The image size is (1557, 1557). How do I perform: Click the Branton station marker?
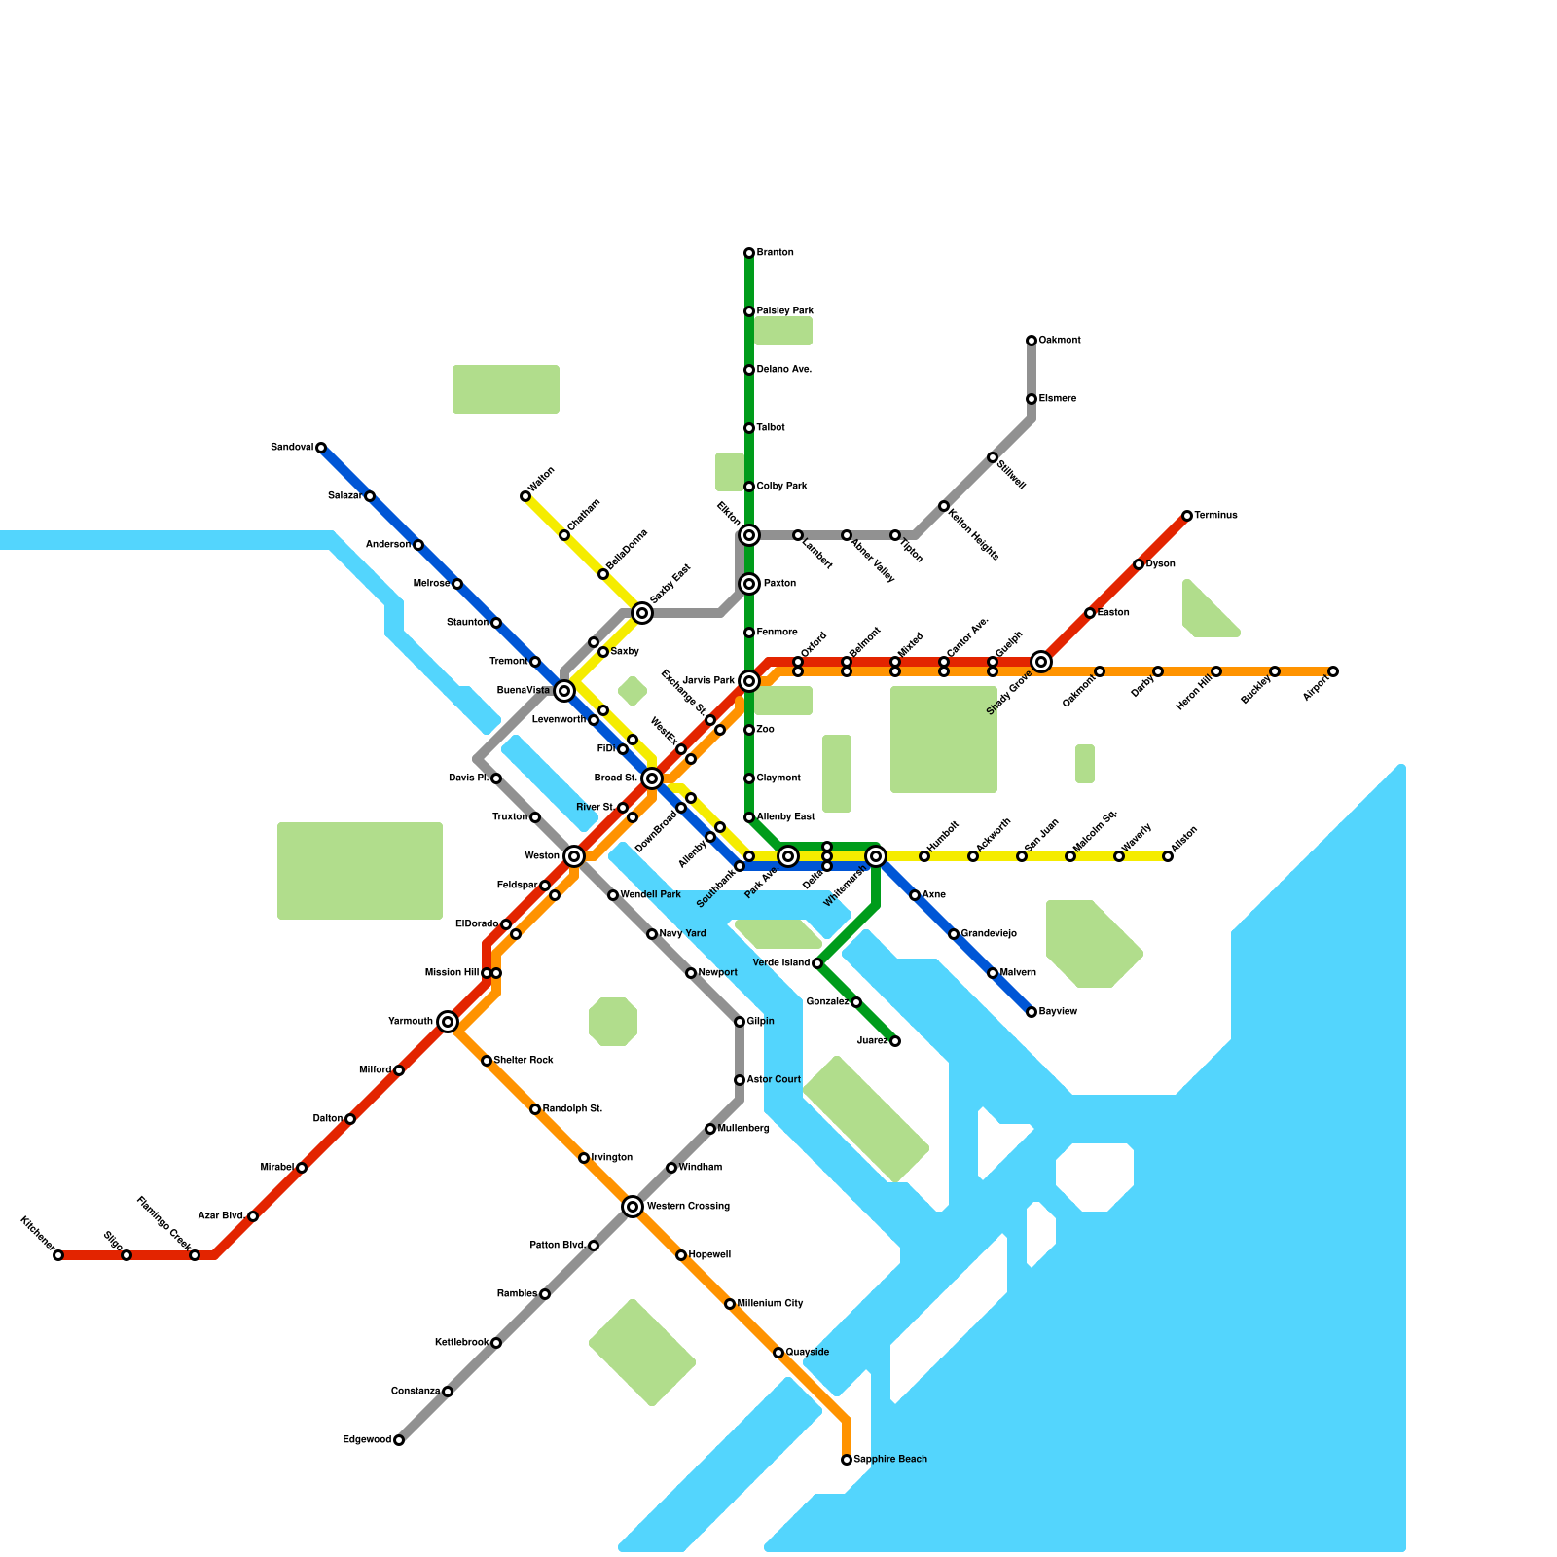pos(749,253)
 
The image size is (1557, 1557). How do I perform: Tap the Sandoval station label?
pos(292,448)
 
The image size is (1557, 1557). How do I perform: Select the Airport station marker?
pos(1333,671)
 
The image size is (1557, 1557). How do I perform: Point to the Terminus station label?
pos(1216,516)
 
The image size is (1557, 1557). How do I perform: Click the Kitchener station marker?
pos(58,1255)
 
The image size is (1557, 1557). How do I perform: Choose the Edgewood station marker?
pos(399,1440)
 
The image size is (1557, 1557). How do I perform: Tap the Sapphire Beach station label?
pos(890,1460)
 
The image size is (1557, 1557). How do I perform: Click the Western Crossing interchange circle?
pos(633,1207)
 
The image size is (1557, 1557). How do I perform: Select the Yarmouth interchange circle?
pos(448,1022)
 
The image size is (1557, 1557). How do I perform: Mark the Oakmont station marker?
pos(1032,341)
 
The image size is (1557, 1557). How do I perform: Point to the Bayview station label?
pos(1059,1012)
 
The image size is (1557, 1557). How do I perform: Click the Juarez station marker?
pos(895,1041)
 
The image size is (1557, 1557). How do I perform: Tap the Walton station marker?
pos(525,496)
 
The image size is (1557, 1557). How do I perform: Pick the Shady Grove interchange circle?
pos(1041,662)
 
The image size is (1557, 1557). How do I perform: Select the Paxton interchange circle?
pos(749,584)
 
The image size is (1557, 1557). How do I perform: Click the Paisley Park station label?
pos(785,311)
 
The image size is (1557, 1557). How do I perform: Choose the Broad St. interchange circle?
pos(652,778)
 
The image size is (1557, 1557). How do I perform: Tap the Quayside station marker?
pos(778,1353)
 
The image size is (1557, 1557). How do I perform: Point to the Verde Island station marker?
pos(817,963)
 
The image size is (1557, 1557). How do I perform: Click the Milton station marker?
pos(1168,856)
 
